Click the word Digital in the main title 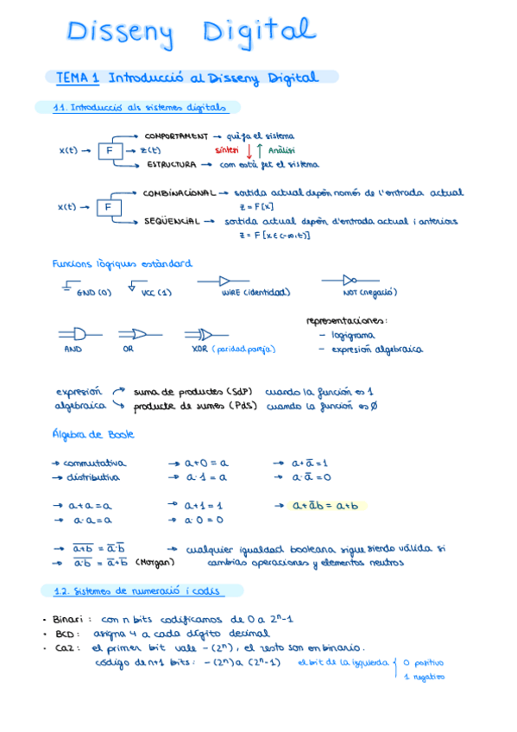[x=259, y=33]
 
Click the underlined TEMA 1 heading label [x=77, y=78]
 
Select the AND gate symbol [x=75, y=333]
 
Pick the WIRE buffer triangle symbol [x=223, y=281]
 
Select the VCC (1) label [x=156, y=293]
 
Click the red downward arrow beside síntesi [x=249, y=150]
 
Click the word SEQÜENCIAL [x=171, y=221]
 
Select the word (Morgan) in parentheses [x=155, y=562]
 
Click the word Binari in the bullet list [x=67, y=619]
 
